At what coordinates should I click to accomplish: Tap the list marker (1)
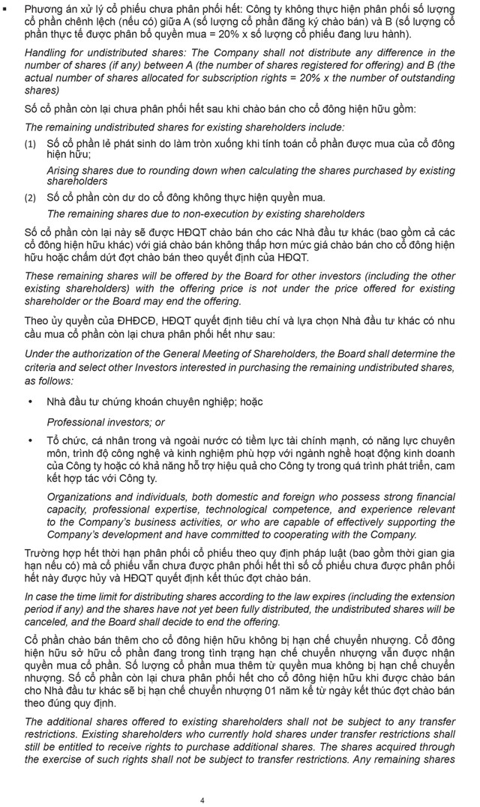30,142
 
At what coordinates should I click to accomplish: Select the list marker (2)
30,197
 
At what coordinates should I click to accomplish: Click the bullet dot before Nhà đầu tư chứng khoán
30,402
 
